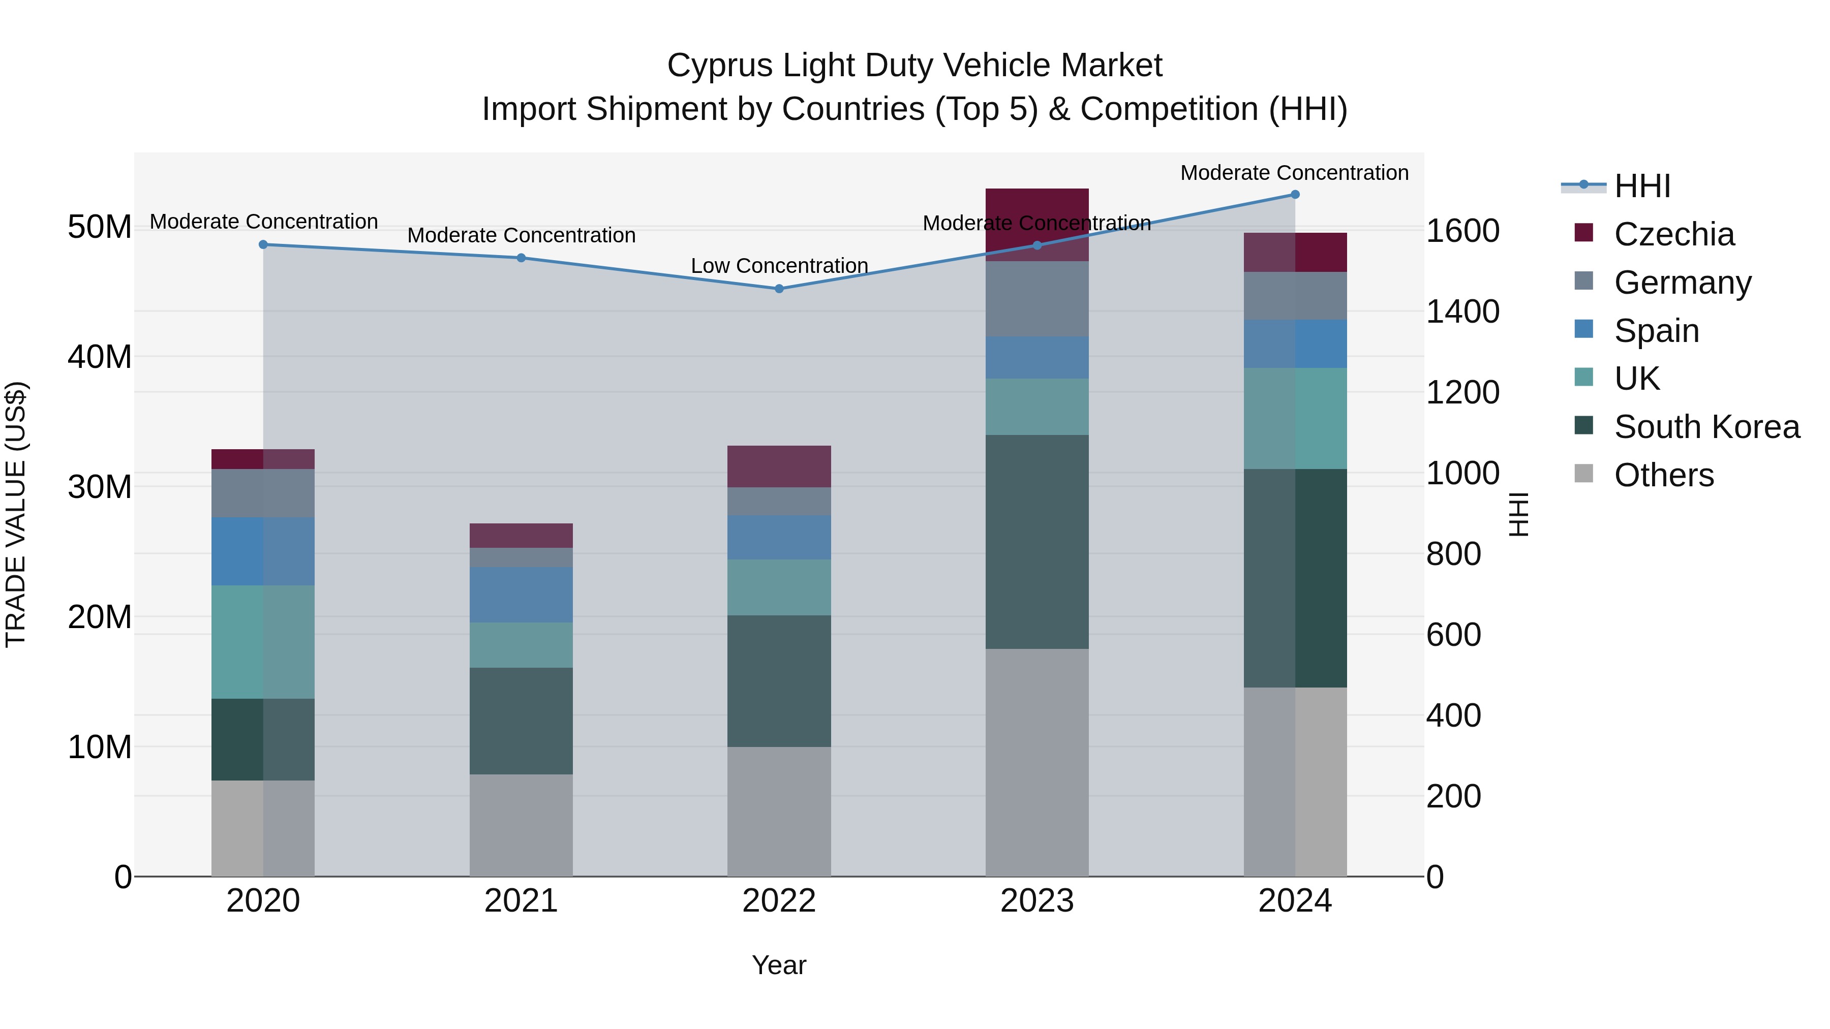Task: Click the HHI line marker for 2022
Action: tap(779, 288)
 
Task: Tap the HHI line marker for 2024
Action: tap(1294, 194)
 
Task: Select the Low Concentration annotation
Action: tap(779, 266)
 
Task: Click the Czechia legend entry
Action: tap(1674, 234)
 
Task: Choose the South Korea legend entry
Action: tap(1706, 426)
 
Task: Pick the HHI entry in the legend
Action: tap(1642, 186)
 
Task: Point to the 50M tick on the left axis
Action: tap(100, 227)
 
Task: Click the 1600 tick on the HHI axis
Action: tap(1462, 231)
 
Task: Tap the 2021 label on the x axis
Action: tap(521, 901)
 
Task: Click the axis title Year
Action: tap(779, 965)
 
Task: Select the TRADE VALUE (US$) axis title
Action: tap(16, 514)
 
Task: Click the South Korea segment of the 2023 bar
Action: tap(1036, 541)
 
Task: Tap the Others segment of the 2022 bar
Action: tap(779, 811)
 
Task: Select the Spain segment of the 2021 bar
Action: tap(521, 595)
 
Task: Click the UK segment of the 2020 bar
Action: tap(262, 641)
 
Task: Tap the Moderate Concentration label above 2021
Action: tap(521, 235)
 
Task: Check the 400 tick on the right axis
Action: tap(1453, 715)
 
